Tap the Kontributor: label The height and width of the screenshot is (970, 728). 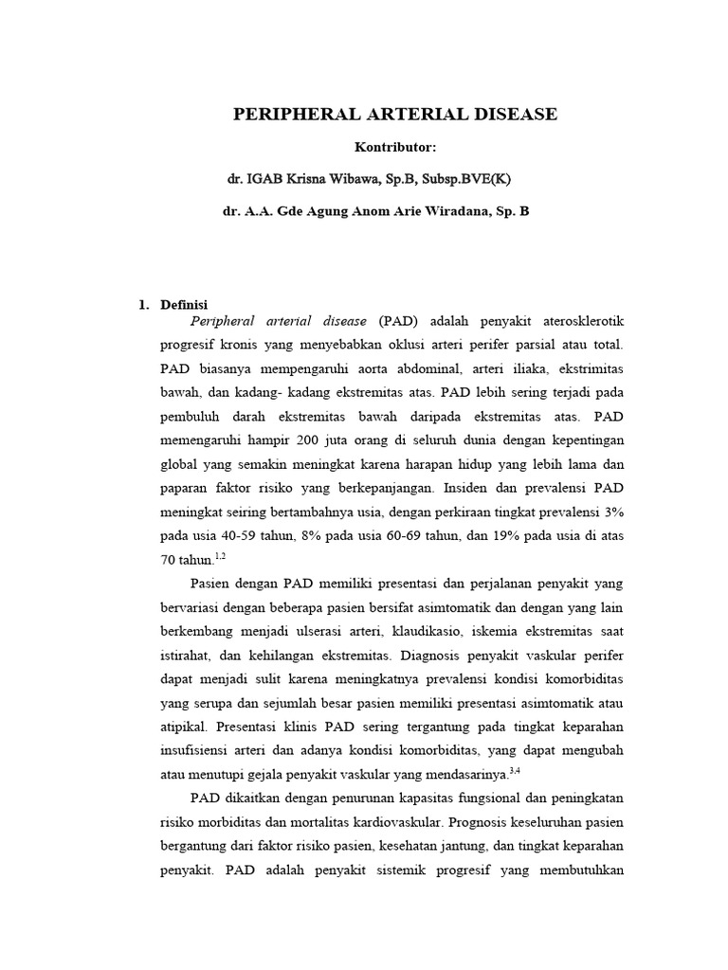[395, 147]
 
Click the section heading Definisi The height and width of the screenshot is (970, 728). [185, 305]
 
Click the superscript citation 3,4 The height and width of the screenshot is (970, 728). [515, 771]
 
